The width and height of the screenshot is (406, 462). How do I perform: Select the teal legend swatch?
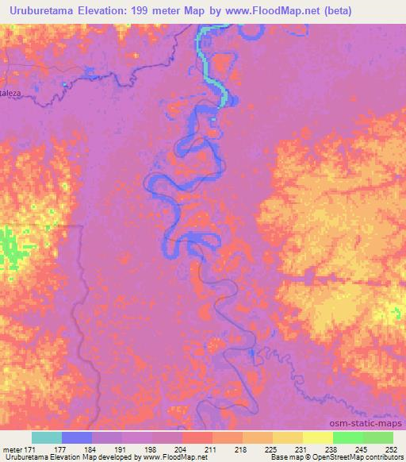(47, 437)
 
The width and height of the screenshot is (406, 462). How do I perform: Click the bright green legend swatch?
(348, 437)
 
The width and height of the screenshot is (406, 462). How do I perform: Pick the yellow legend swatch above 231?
(288, 437)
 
